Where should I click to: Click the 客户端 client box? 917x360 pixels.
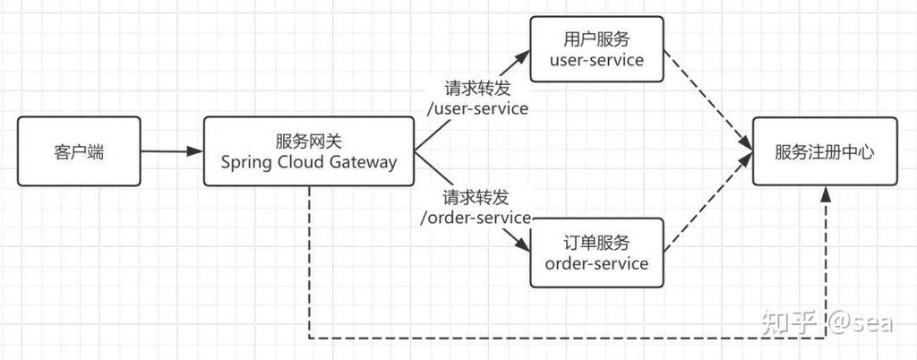[79, 151]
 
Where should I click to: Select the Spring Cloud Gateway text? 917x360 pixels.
[308, 162]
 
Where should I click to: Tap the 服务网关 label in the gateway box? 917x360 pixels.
[308, 141]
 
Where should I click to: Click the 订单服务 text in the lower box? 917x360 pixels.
[596, 243]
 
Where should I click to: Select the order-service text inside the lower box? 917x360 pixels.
[596, 263]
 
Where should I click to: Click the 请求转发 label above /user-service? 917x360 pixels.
[477, 90]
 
